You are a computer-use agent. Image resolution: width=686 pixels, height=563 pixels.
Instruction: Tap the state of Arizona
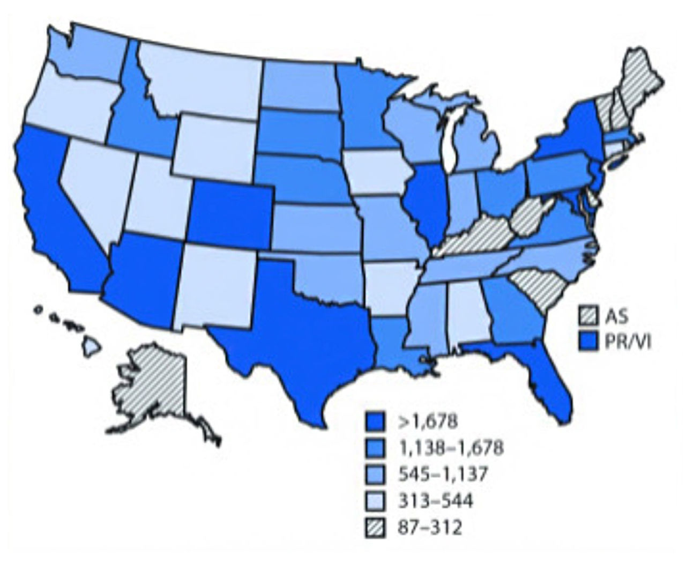click(145, 279)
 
